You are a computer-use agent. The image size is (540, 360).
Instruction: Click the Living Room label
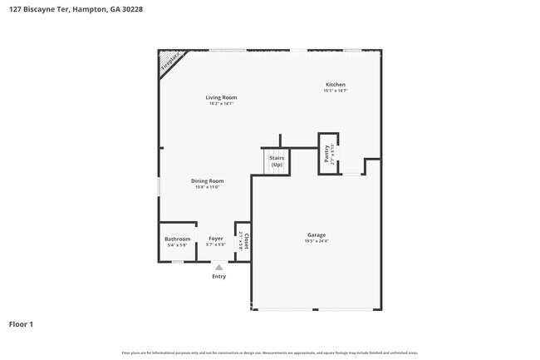[x=221, y=97]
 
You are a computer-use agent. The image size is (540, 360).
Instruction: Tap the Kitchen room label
[x=335, y=85]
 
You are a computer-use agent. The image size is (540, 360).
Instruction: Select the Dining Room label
[x=208, y=180]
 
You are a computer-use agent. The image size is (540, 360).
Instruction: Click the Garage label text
[x=316, y=235]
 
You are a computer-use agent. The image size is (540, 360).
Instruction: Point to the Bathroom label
[x=177, y=239]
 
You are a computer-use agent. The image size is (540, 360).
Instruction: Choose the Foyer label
[x=216, y=239]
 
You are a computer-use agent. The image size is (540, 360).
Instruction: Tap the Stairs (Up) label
[x=276, y=160]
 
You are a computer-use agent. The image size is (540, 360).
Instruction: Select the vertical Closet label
[x=247, y=241]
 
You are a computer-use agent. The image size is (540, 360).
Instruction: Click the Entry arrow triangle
[x=218, y=267]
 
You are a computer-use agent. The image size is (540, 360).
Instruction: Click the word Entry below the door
[x=218, y=276]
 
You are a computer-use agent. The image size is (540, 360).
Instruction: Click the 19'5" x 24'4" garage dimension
[x=316, y=242]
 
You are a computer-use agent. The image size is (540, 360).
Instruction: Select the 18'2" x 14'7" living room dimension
[x=221, y=104]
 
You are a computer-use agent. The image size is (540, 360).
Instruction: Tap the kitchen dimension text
[x=335, y=91]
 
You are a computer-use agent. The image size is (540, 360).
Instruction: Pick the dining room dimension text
[x=208, y=187]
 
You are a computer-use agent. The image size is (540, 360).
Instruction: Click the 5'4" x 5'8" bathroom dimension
[x=177, y=244]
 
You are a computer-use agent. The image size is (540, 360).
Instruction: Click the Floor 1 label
[x=21, y=323]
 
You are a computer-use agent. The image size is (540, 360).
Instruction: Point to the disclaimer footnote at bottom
[x=269, y=353]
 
